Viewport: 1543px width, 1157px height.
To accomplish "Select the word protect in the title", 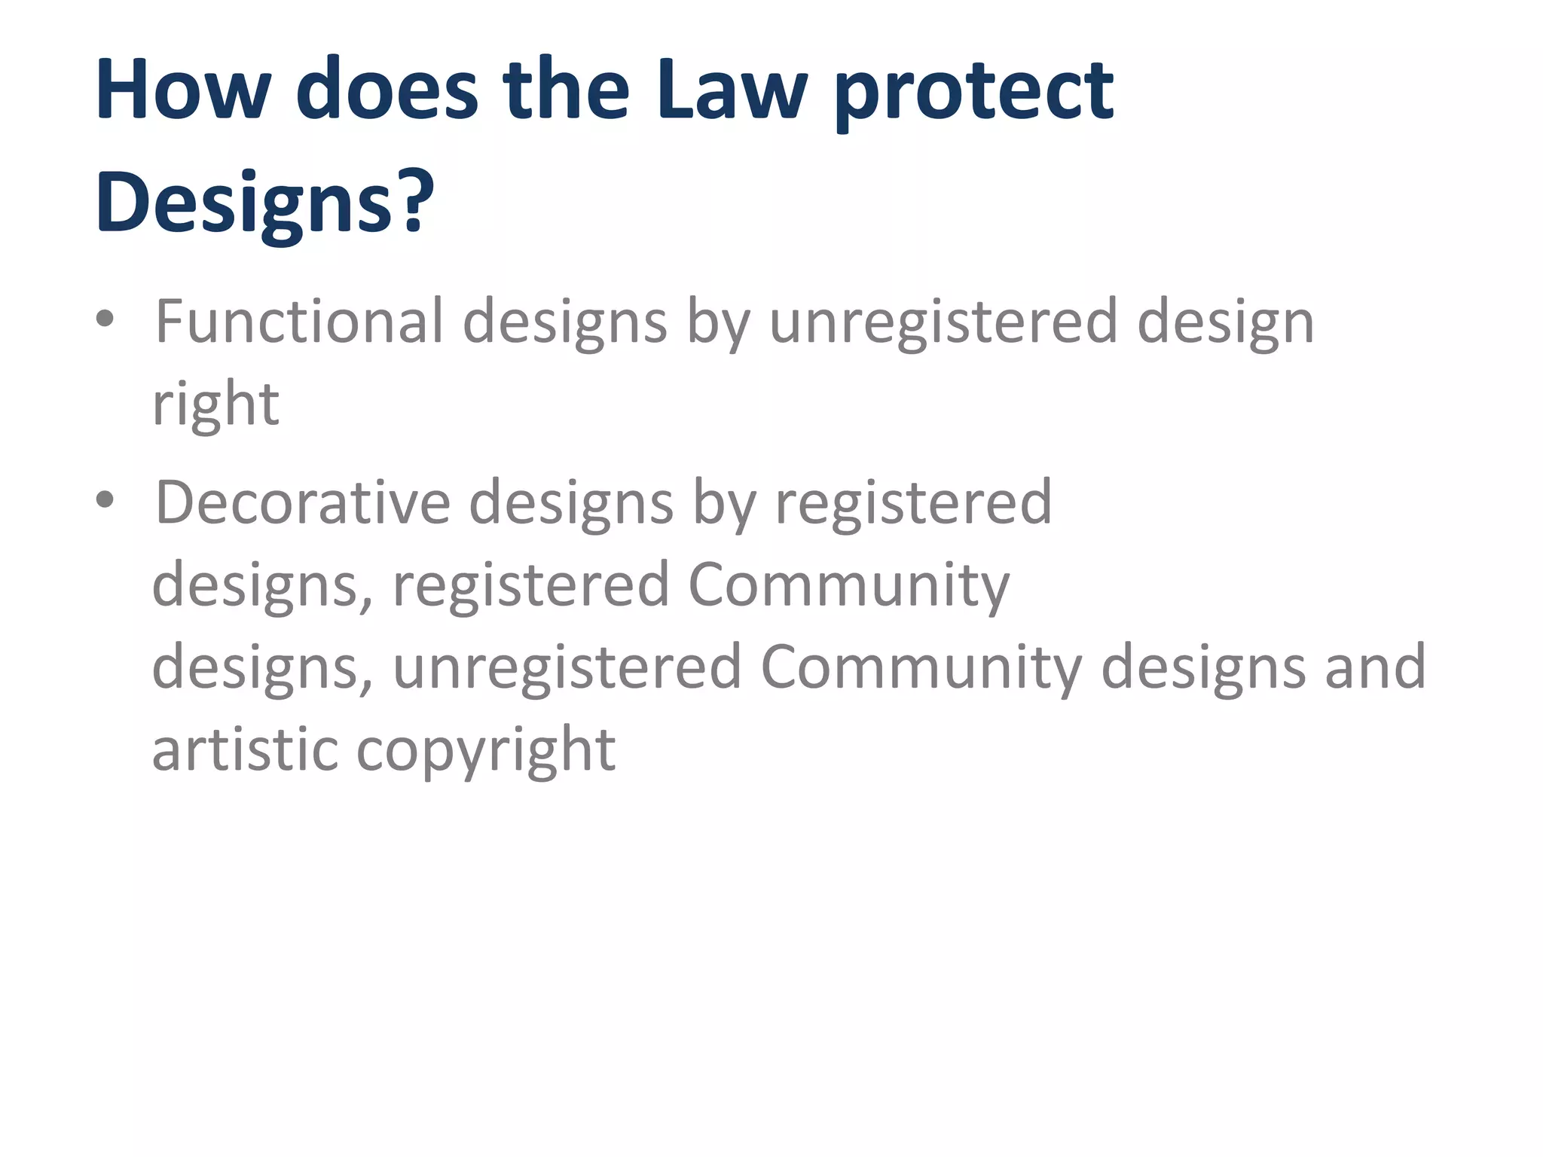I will (973, 93).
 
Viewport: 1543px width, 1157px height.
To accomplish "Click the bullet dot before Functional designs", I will (105, 320).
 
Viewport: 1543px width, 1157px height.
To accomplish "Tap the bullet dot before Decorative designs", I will (105, 500).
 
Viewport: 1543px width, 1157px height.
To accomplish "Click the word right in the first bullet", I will (216, 405).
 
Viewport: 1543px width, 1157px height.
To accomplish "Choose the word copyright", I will (486, 752).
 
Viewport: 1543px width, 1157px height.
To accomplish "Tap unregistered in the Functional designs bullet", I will (943, 323).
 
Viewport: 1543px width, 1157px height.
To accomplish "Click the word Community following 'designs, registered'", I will (848, 585).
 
